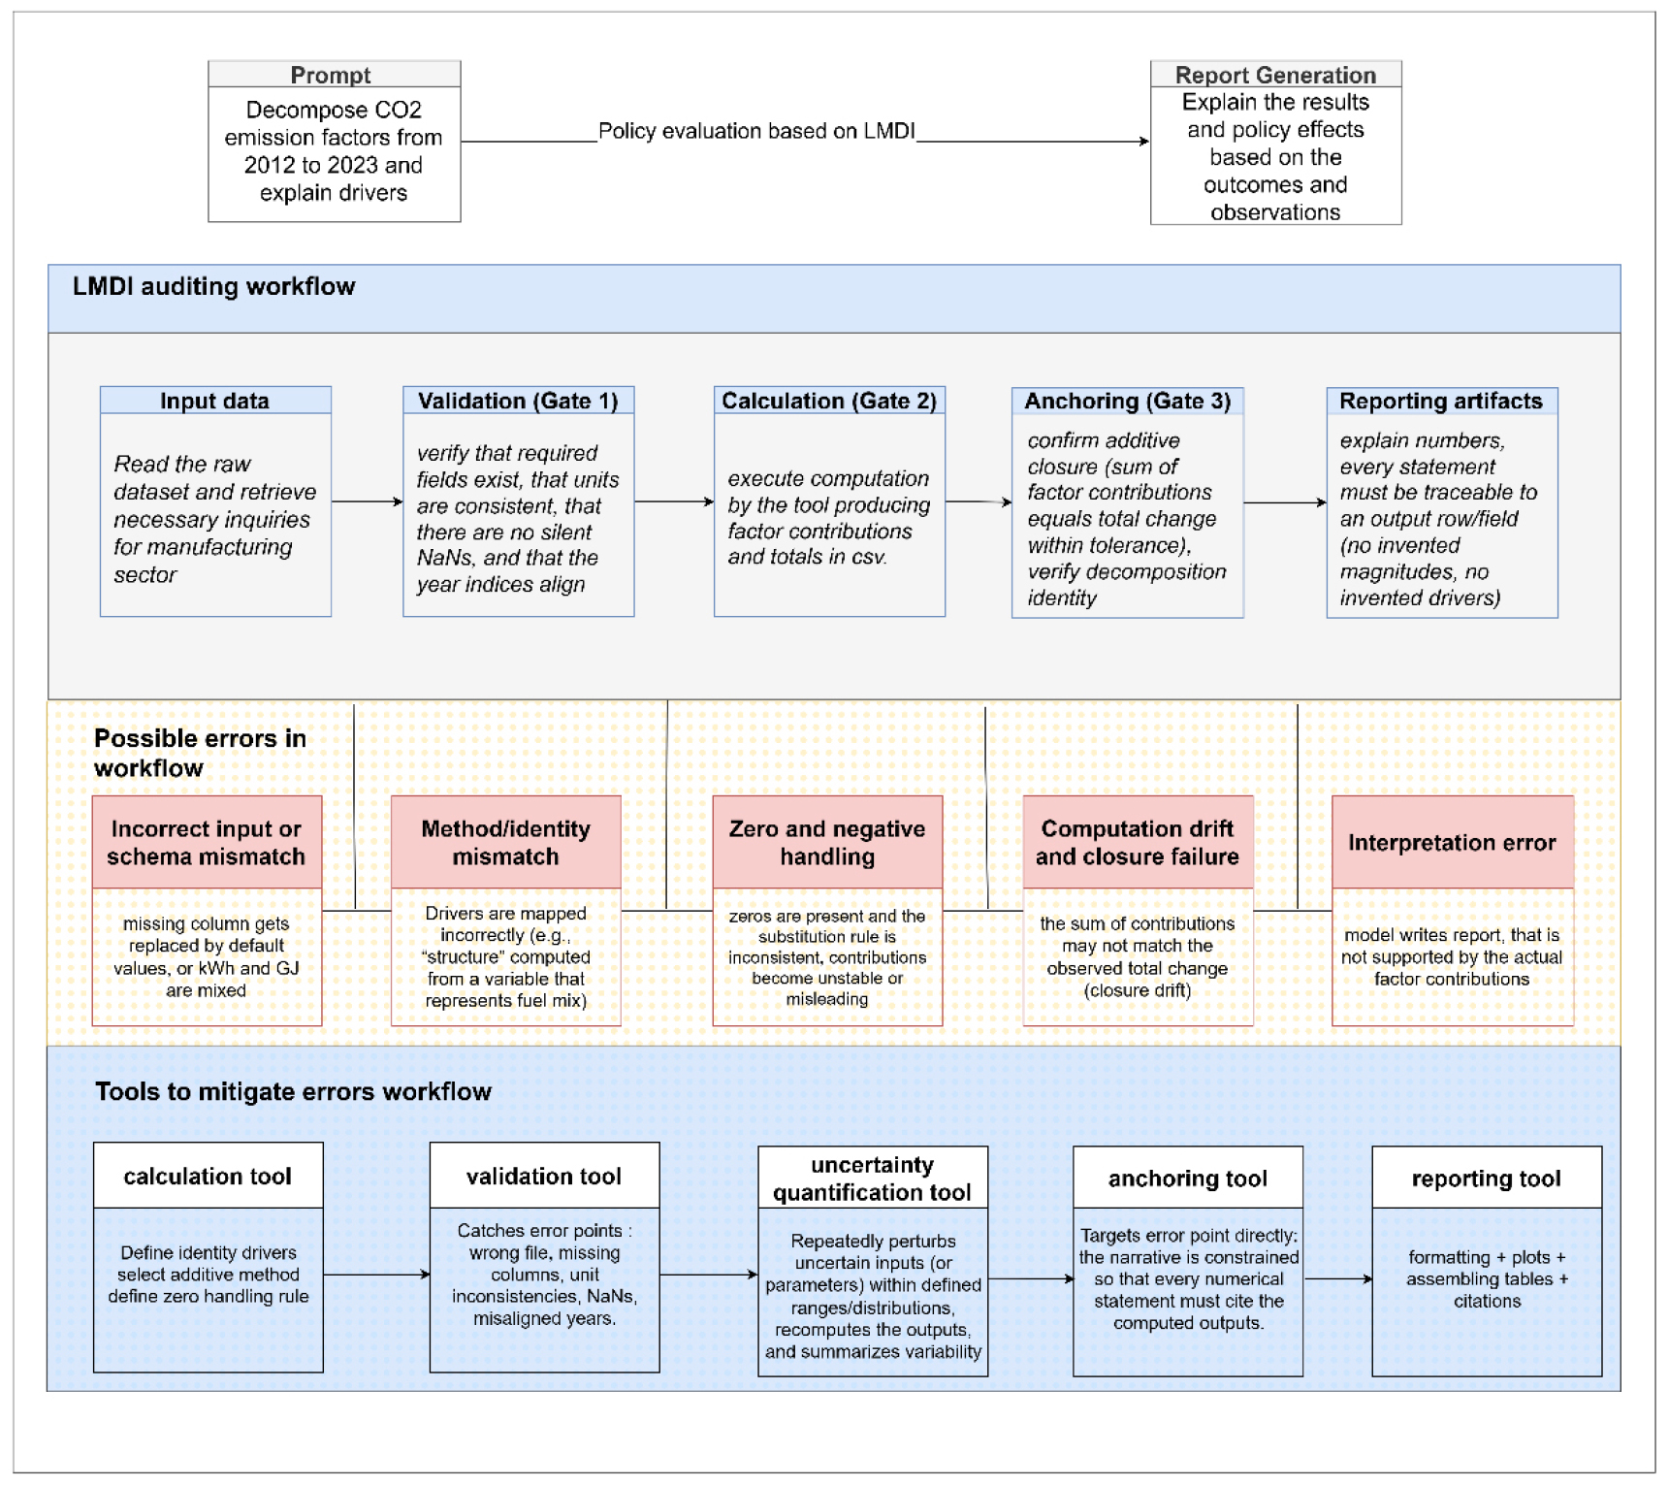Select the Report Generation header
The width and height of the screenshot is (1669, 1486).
point(1275,74)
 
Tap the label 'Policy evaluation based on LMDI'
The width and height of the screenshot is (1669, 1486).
point(756,131)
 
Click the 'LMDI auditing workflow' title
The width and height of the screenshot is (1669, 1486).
point(214,286)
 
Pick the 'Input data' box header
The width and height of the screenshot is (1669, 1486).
point(215,401)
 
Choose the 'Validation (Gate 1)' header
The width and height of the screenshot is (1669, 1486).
point(518,401)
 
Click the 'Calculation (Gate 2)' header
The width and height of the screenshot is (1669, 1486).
point(829,401)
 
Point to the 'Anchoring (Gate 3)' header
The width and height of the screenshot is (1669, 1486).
point(1128,402)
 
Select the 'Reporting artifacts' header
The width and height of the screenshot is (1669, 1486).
point(1442,402)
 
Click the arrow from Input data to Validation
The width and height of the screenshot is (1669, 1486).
point(367,501)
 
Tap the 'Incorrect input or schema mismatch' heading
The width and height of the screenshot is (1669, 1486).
point(207,842)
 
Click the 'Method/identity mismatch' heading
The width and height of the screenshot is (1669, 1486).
point(505,842)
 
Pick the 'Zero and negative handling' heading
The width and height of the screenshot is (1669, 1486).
point(827,842)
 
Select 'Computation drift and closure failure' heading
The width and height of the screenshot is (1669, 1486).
point(1138,842)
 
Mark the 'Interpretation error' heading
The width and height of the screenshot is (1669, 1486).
point(1452,842)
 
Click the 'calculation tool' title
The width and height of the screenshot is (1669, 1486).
point(208,1176)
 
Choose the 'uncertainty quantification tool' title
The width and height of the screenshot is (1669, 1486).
point(873,1178)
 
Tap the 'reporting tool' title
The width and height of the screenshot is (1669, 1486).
point(1487,1178)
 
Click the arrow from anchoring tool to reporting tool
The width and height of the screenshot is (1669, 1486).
point(1337,1278)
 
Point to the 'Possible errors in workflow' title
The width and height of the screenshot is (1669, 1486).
point(200,753)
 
